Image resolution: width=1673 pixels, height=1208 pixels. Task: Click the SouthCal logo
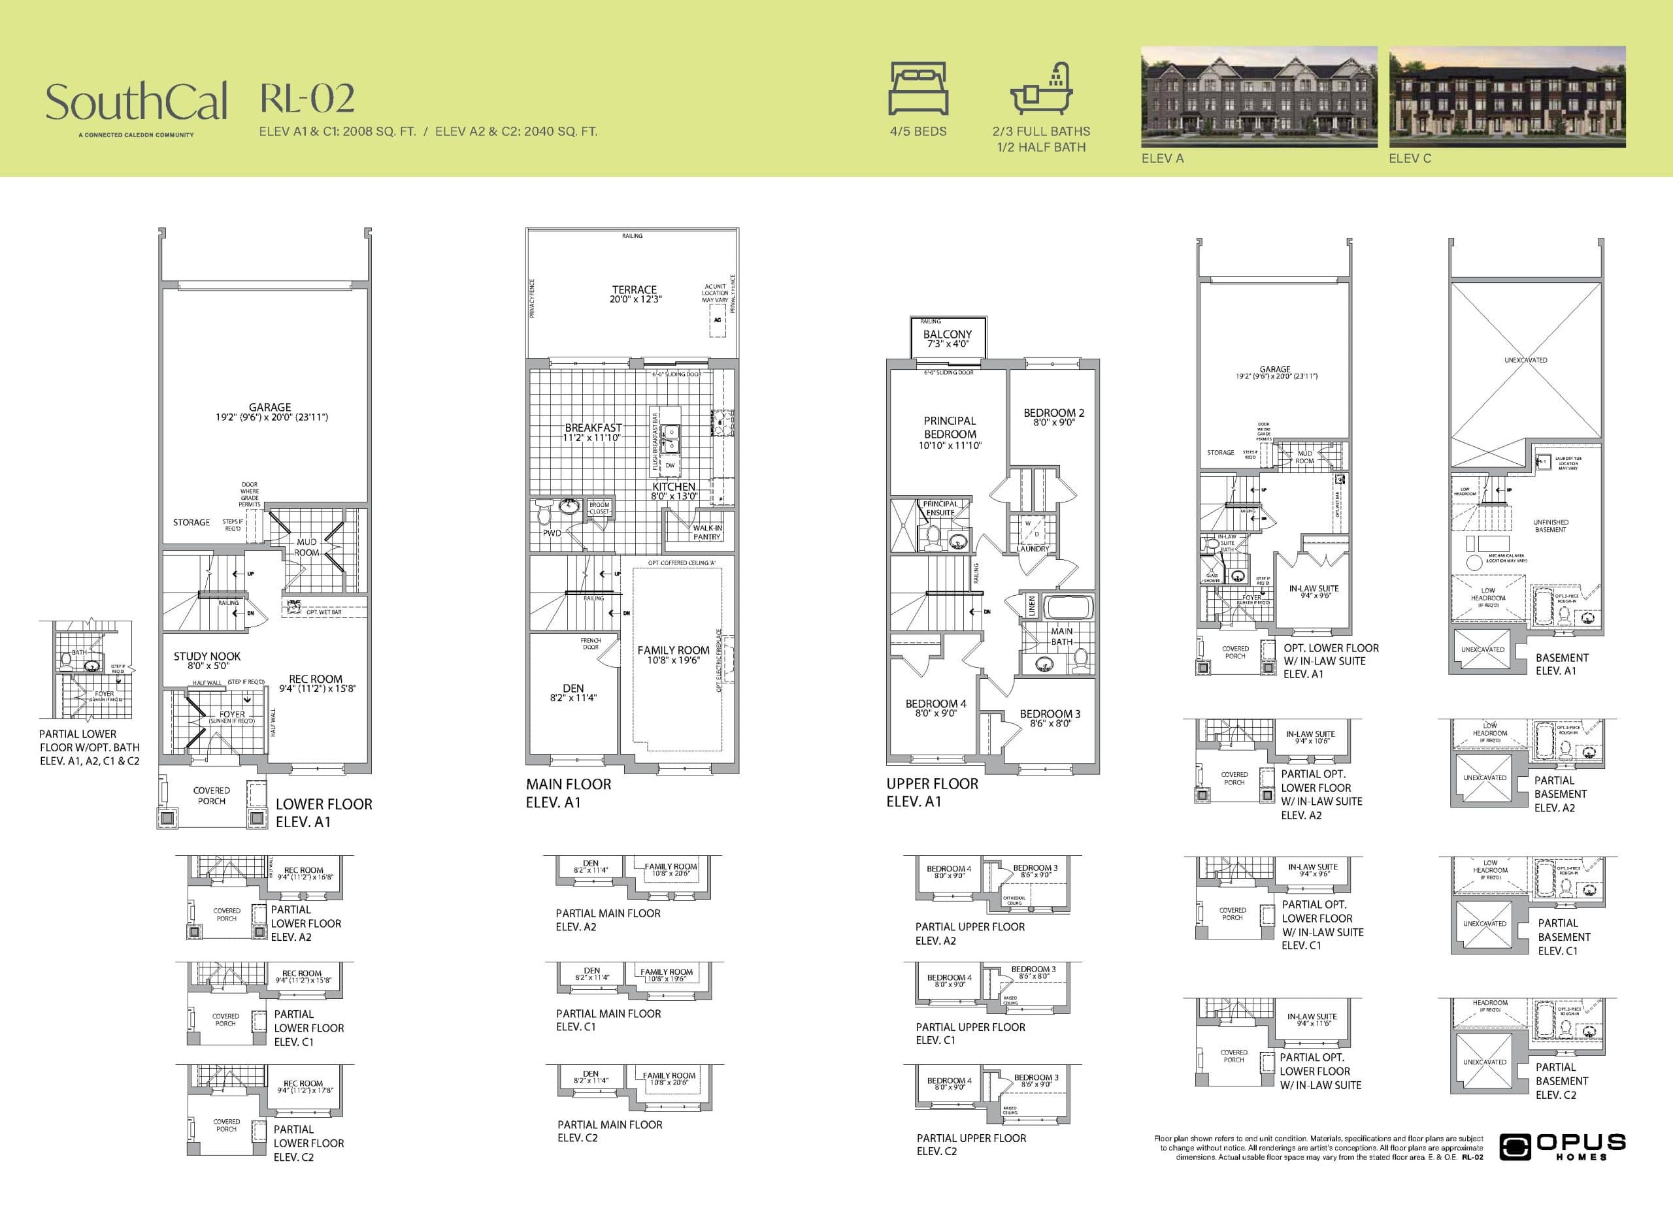(x=137, y=103)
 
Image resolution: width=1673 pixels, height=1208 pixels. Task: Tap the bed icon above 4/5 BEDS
(x=918, y=88)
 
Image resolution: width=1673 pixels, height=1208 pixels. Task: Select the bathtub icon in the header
(x=1041, y=90)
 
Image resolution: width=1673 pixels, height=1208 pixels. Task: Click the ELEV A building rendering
(x=1259, y=97)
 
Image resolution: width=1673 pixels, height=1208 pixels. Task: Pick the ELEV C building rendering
(x=1507, y=97)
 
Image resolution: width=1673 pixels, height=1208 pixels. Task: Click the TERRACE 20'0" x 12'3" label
(x=635, y=294)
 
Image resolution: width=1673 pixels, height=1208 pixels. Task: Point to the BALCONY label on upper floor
(x=947, y=338)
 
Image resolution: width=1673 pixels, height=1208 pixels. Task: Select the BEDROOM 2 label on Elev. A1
(x=1053, y=417)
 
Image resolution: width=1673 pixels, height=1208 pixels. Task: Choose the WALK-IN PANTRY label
(x=706, y=532)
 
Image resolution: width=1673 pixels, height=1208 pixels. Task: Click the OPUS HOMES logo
(x=1563, y=1147)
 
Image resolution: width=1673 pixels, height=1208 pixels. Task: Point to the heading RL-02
(x=307, y=99)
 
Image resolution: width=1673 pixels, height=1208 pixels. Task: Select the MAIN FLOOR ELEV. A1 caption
(x=567, y=792)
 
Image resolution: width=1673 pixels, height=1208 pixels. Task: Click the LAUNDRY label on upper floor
(x=1032, y=549)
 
